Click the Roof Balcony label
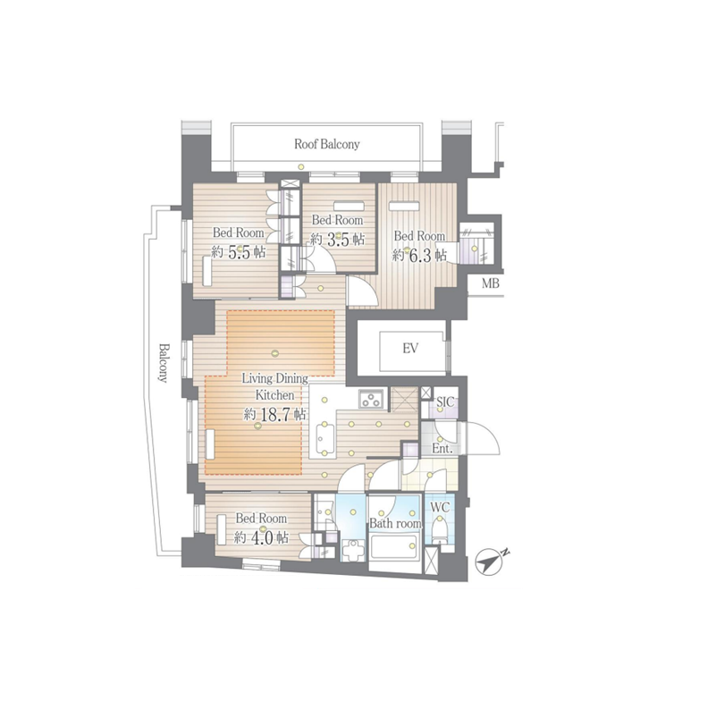coord(326,144)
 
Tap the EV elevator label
coord(410,349)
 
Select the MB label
coord(491,283)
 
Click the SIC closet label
coord(445,402)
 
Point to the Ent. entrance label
coord(442,449)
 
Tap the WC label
coord(440,507)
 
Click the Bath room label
coord(395,523)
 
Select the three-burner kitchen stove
coord(371,398)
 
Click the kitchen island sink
coord(323,437)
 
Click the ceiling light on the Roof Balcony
coord(300,166)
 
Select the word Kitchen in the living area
coord(274,394)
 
